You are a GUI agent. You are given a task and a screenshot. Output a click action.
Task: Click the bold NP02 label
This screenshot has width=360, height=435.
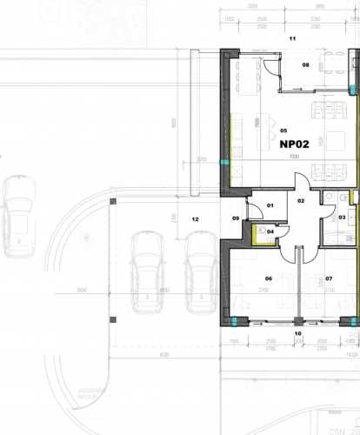[x=295, y=146]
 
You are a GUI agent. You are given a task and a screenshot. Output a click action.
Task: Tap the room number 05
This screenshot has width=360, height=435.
[x=283, y=131]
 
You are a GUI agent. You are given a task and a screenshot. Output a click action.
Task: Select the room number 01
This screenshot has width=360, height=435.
[x=270, y=205]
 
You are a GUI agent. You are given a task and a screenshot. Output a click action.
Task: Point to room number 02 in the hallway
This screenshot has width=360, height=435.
[x=301, y=201]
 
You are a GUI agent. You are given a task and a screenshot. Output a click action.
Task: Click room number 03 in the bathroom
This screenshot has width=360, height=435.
[x=342, y=217]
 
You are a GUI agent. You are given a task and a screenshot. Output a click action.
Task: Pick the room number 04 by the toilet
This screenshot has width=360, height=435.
[x=270, y=231]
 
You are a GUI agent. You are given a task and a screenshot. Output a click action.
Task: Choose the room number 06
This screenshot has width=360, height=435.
[x=329, y=278]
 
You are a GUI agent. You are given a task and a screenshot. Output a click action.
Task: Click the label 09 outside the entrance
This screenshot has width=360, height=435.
[x=297, y=333]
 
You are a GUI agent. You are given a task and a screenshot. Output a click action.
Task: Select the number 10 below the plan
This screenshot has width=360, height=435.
[x=293, y=38]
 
